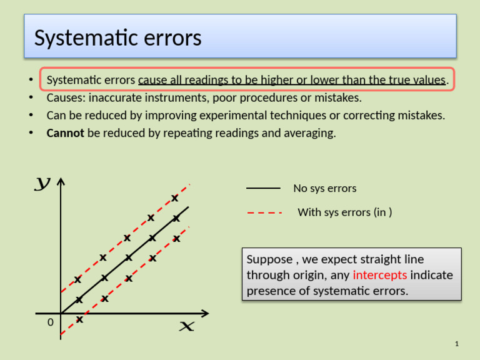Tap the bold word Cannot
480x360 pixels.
coord(66,133)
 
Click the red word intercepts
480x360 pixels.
coord(380,275)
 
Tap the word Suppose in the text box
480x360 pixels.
coord(269,259)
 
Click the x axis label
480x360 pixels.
coord(186,326)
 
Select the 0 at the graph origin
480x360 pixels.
coord(51,322)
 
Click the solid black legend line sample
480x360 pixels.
coord(263,188)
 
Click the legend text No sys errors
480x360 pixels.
coord(325,188)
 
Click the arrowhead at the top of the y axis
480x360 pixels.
coord(61,182)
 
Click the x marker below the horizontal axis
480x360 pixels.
coord(79,319)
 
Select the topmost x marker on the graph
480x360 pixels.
coord(175,198)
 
